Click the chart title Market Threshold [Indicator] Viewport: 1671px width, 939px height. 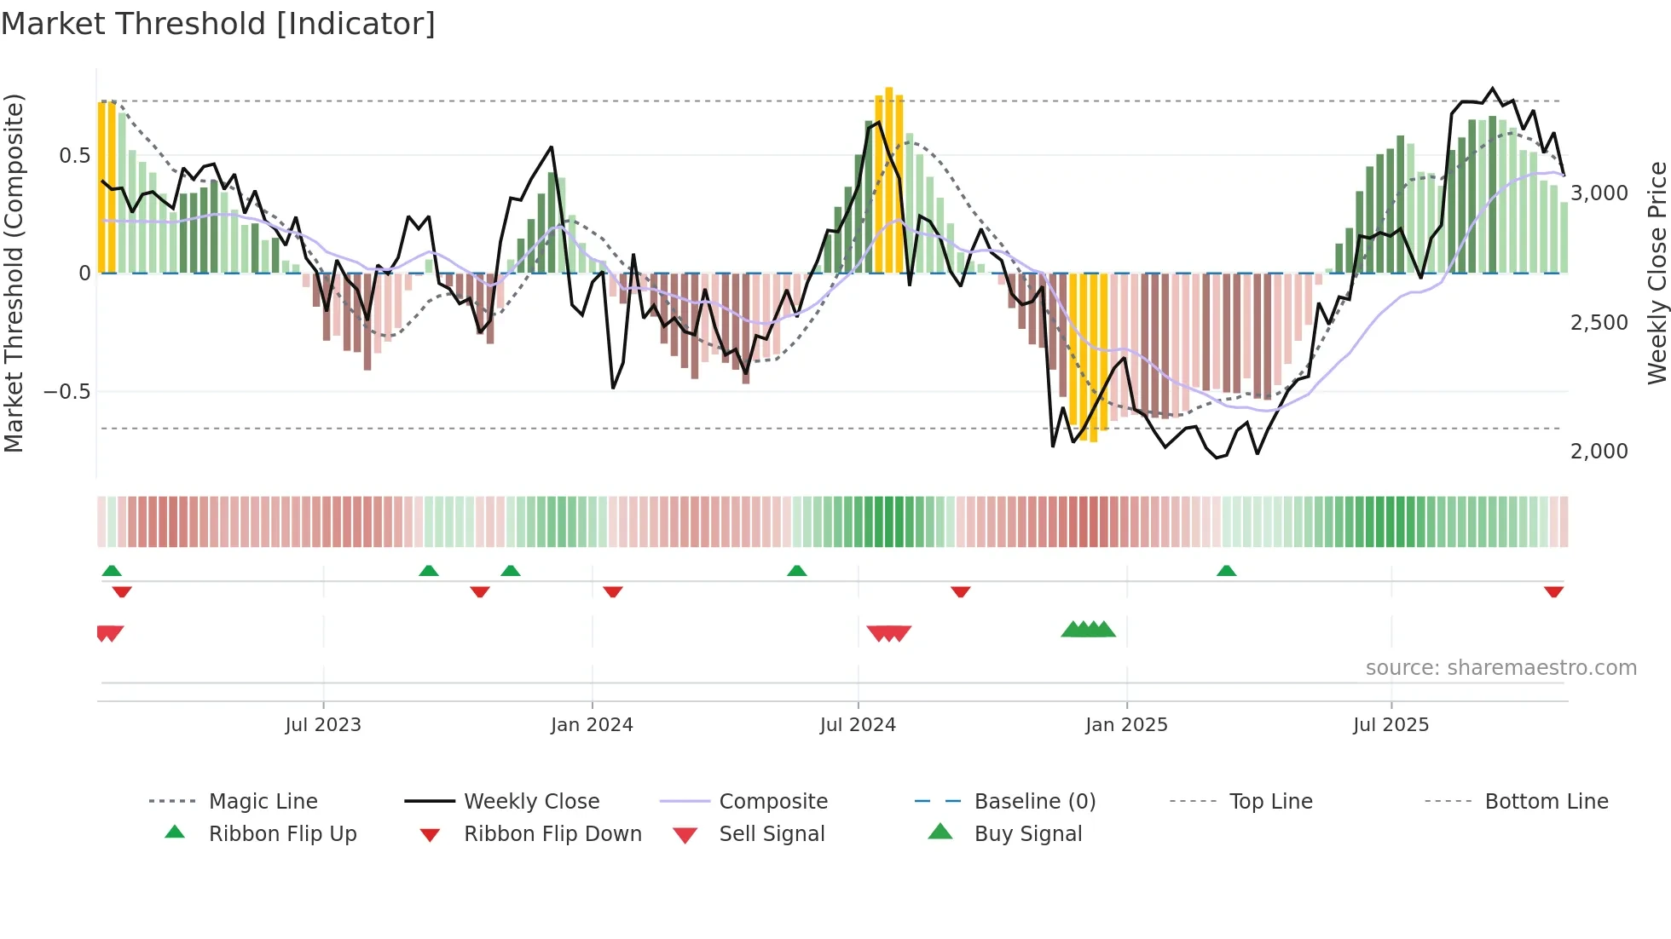click(x=218, y=24)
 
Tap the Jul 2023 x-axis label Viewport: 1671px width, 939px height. click(x=323, y=725)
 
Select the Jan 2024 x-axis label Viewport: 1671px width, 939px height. click(x=592, y=725)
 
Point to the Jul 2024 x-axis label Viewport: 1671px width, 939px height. click(x=858, y=725)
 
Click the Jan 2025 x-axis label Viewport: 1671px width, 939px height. click(x=1126, y=725)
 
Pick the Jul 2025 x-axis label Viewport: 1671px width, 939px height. click(x=1391, y=725)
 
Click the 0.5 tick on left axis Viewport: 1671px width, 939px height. click(x=74, y=155)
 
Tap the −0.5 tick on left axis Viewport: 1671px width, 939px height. click(x=67, y=392)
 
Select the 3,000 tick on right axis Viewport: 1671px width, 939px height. click(x=1599, y=193)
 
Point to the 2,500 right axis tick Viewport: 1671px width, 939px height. click(x=1599, y=323)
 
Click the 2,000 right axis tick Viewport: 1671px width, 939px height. click(x=1599, y=452)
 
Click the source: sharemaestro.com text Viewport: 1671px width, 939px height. click(x=1500, y=668)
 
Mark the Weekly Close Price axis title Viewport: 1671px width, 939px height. click(x=1657, y=273)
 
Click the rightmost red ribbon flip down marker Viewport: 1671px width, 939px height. click(x=1553, y=591)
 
